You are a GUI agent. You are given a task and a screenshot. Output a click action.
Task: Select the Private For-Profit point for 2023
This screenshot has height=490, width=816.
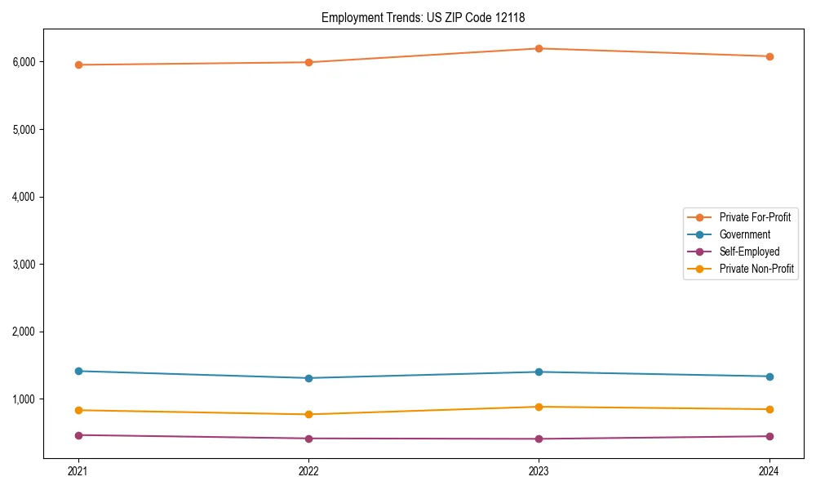[539, 49]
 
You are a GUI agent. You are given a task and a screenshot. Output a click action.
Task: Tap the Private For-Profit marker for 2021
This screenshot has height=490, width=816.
[78, 65]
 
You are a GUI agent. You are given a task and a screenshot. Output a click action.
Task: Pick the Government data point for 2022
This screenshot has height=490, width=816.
[308, 378]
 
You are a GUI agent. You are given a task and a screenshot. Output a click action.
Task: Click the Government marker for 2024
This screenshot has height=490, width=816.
[769, 376]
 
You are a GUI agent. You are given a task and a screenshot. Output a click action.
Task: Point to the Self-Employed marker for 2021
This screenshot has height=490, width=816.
[78, 435]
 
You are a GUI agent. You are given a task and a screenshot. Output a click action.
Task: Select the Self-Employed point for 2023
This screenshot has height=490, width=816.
[539, 439]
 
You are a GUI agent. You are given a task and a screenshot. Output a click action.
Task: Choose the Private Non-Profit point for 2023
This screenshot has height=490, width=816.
[539, 407]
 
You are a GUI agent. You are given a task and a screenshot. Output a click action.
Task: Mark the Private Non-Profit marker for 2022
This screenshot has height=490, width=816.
[308, 414]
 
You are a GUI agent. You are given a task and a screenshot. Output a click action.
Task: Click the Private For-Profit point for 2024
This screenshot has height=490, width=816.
[769, 56]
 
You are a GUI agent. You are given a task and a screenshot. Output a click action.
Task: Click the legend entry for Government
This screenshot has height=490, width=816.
[744, 234]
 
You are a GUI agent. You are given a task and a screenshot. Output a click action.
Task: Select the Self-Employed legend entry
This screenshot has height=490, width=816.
[749, 252]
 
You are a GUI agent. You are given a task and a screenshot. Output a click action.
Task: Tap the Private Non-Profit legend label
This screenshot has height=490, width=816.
[756, 269]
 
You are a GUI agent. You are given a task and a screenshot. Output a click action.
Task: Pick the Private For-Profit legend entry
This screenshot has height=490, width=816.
[755, 217]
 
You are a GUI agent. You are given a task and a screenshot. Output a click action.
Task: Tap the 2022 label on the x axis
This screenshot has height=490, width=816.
[308, 470]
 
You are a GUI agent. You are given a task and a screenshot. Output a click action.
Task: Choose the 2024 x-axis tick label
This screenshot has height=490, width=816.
[769, 470]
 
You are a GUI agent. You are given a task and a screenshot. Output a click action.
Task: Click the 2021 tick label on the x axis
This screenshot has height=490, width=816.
[78, 470]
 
